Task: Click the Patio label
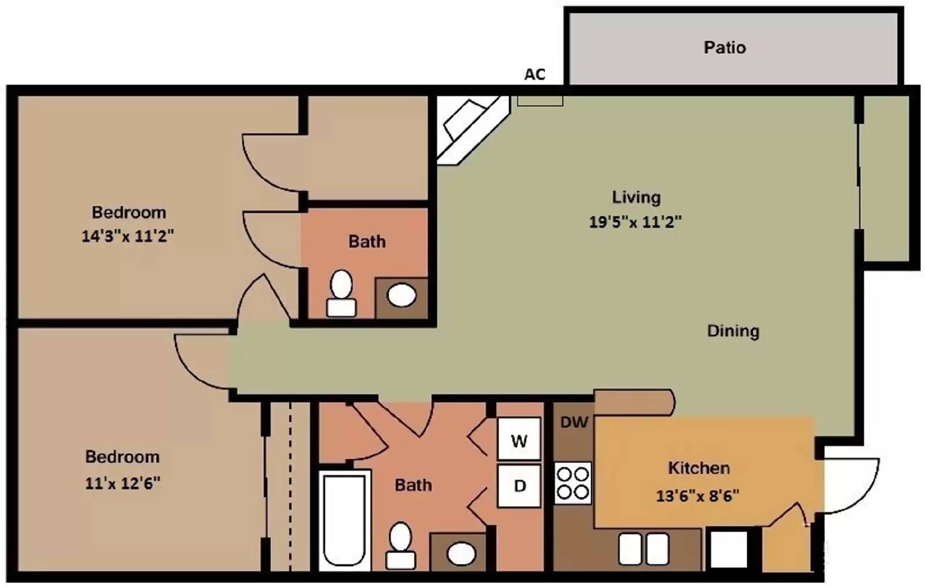[x=725, y=47]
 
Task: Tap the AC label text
[x=535, y=75]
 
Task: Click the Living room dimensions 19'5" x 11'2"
[x=635, y=222]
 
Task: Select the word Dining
[x=733, y=331]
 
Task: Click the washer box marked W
[x=519, y=439]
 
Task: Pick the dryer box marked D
[x=519, y=486]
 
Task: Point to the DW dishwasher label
[x=574, y=422]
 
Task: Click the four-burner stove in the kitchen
[x=573, y=483]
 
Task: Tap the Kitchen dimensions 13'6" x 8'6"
[x=697, y=495]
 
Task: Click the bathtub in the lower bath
[x=344, y=520]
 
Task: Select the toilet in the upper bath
[x=342, y=293]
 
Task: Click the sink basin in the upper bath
[x=402, y=295]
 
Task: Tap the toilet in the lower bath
[x=400, y=546]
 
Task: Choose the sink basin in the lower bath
[x=462, y=553]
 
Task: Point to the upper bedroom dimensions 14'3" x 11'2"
[x=128, y=236]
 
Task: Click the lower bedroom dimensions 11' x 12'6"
[x=123, y=483]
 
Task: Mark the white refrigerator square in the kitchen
[x=728, y=549]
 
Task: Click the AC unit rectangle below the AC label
[x=540, y=101]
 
